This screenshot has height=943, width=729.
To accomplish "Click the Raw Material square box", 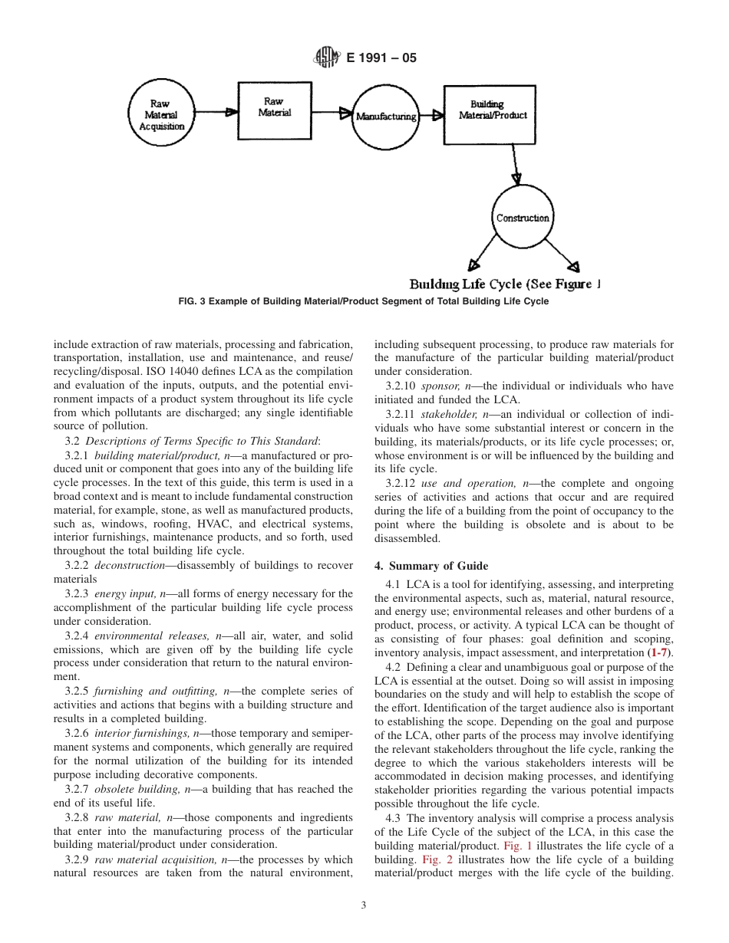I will pos(273,107).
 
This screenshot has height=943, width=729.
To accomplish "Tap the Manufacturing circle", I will pos(386,117).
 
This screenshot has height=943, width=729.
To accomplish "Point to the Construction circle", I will pos(523,218).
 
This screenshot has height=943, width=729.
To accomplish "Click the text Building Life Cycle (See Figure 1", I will pos(504,284).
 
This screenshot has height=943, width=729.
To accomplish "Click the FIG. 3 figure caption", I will pos(364,301).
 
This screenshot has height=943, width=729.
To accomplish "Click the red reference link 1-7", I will pos(661,652).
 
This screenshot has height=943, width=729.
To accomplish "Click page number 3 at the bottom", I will pos(364,905).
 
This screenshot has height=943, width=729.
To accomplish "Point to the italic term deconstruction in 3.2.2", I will pos(130,566).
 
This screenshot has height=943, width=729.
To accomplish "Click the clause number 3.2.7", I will pos(78,789).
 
